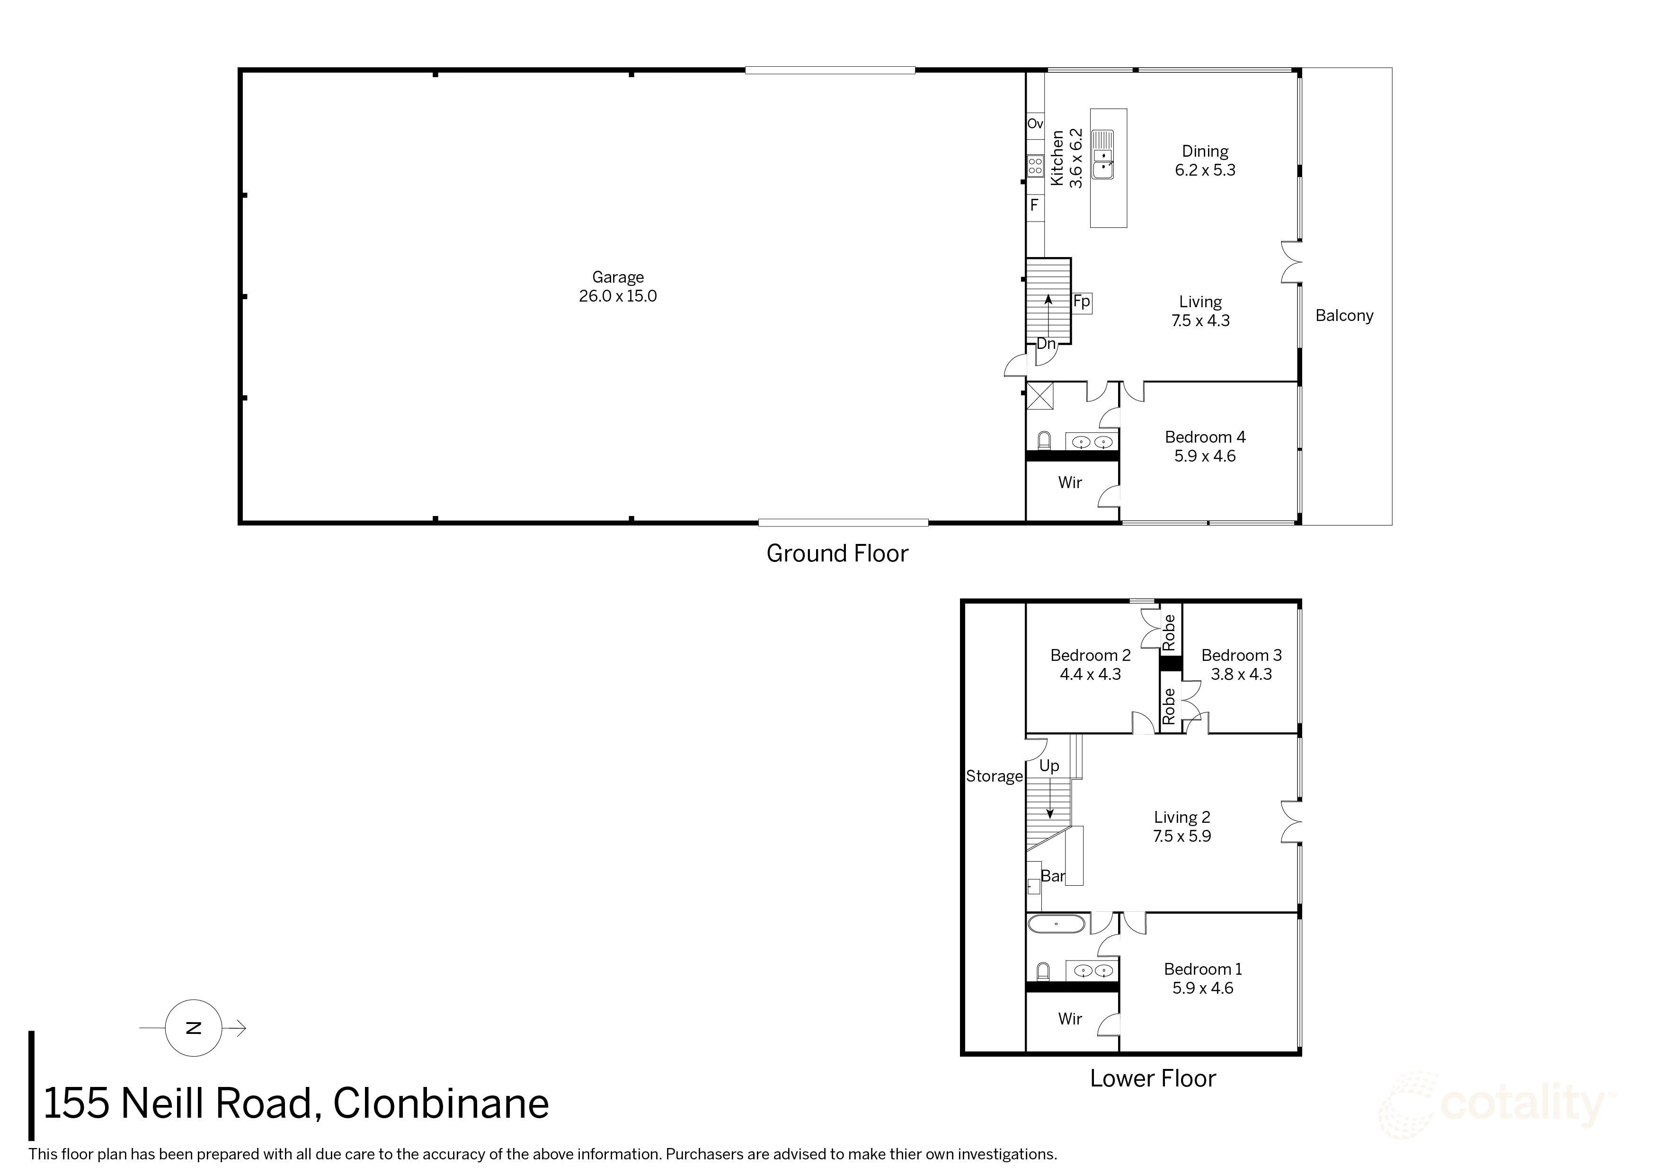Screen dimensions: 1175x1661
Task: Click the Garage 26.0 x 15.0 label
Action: point(617,286)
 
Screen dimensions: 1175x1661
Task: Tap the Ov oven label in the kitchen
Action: point(1035,124)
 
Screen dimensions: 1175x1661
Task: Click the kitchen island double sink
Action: point(1103,154)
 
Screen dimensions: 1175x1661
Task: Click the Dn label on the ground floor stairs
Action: point(1046,344)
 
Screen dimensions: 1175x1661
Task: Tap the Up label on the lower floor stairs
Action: point(1049,766)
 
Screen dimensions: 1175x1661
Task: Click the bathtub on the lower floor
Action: point(1056,924)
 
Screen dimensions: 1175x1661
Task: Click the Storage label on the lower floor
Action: point(994,776)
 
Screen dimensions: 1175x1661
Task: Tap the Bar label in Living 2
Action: point(1053,876)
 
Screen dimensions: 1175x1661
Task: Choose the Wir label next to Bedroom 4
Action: point(1069,482)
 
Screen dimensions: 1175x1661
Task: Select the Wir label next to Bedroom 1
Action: point(1069,1019)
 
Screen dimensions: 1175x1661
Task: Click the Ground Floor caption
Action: point(837,553)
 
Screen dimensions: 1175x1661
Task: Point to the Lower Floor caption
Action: point(1153,1079)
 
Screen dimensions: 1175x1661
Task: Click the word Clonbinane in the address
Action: point(441,1104)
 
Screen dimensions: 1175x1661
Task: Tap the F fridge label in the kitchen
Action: point(1034,205)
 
